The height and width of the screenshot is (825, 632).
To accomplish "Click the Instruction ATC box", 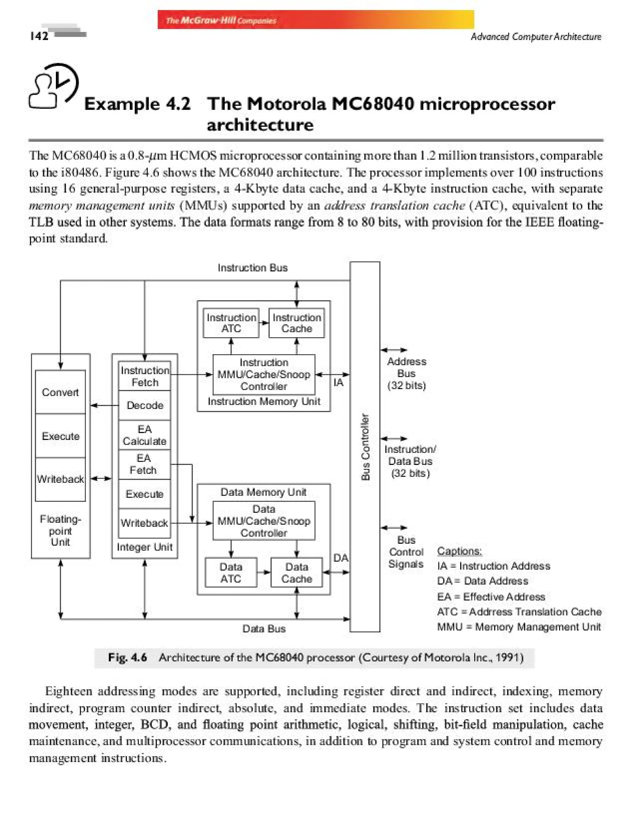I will click(x=231, y=323).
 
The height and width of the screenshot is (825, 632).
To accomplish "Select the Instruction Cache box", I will click(x=297, y=323).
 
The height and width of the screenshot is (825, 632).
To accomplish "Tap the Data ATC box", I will click(x=231, y=572).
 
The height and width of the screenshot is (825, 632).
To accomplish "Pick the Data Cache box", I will click(x=297, y=572).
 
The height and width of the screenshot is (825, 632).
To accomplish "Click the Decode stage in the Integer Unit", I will click(x=144, y=405).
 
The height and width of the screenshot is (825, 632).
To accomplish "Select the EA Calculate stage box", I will click(x=144, y=435).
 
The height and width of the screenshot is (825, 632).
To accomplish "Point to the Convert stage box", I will click(x=60, y=392).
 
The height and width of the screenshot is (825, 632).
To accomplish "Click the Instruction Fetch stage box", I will click(x=144, y=376).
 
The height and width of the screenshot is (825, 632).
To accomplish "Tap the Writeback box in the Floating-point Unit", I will click(x=60, y=479).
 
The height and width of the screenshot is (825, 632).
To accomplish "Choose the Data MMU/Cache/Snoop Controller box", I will click(x=264, y=521).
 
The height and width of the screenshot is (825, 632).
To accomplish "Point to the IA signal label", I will click(x=338, y=383).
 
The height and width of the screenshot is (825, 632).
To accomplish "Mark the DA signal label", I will click(x=340, y=558).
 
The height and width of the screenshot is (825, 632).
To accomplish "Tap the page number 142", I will click(x=39, y=36).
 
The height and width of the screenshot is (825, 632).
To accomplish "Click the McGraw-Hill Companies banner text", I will click(x=221, y=20).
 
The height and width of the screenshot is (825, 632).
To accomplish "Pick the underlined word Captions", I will click(x=459, y=551).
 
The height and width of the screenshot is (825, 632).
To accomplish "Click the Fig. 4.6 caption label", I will click(x=127, y=657).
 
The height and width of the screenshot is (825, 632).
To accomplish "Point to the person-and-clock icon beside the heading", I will click(x=54, y=86).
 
